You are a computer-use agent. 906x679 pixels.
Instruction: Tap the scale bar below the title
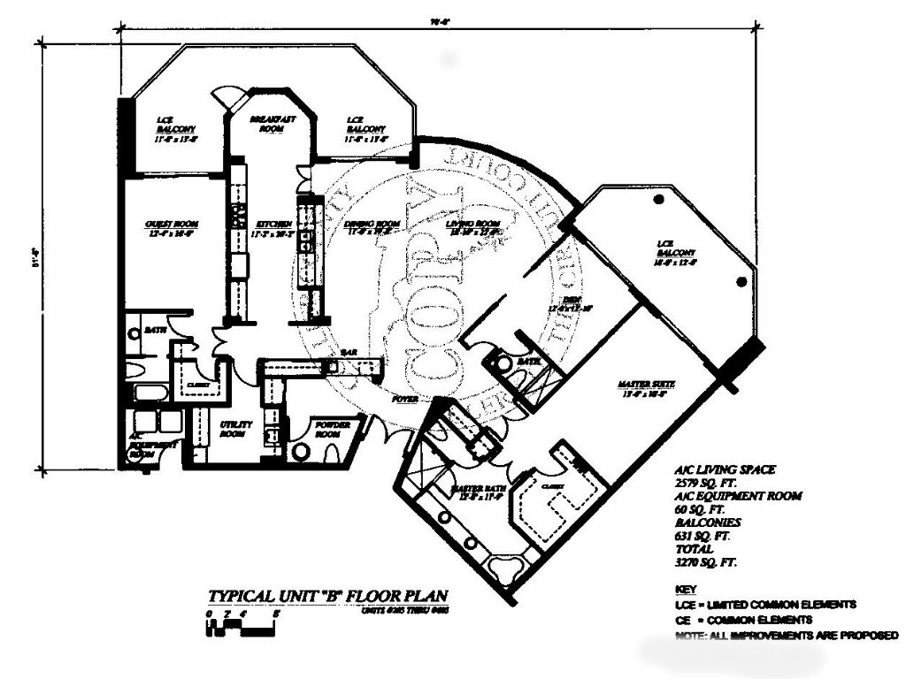coord(242,624)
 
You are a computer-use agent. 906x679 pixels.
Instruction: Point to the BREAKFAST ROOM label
coord(271,124)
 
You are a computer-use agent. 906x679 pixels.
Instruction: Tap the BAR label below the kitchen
coord(349,351)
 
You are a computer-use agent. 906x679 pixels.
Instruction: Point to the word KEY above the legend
coord(685,589)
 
